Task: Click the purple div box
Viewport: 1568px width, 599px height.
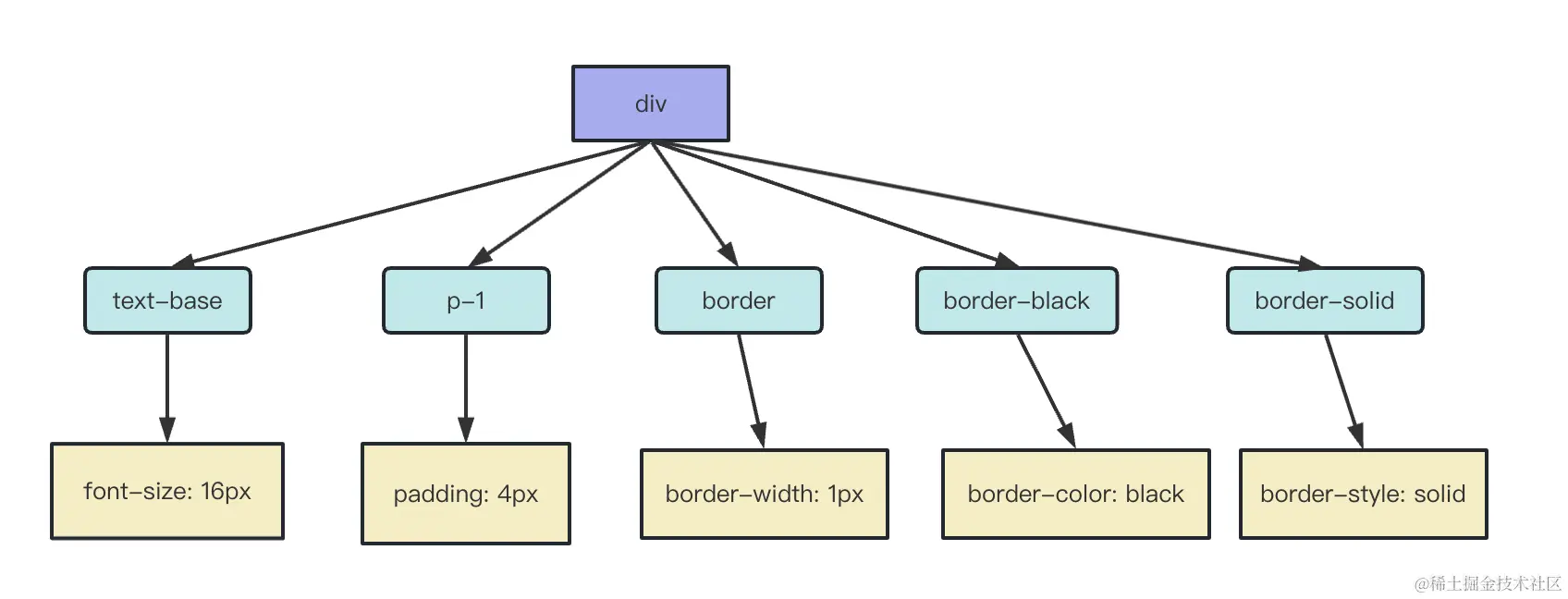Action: [x=650, y=104]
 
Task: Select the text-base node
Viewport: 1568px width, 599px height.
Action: [x=167, y=300]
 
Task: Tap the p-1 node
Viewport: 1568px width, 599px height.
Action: [x=466, y=300]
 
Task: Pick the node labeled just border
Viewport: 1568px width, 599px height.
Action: [x=739, y=300]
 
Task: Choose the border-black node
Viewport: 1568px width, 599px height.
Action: [x=1016, y=300]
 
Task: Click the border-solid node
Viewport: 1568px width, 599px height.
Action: [x=1325, y=300]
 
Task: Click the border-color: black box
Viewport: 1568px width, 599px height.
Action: [x=1075, y=494]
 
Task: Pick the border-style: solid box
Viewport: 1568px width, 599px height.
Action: [x=1363, y=494]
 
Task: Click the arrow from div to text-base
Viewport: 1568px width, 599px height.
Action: [x=410, y=204]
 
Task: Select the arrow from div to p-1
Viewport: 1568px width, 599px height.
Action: [x=559, y=204]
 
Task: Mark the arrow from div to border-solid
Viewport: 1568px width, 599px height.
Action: [x=986, y=204]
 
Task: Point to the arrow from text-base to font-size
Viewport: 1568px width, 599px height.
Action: [x=167, y=387]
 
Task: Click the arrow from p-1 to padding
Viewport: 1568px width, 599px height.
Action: [x=466, y=387]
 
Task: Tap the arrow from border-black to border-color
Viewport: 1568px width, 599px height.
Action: [x=1046, y=391]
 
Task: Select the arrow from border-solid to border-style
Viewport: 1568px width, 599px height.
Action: [x=1343, y=391]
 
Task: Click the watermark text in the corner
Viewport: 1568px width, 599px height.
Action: [x=1488, y=583]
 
